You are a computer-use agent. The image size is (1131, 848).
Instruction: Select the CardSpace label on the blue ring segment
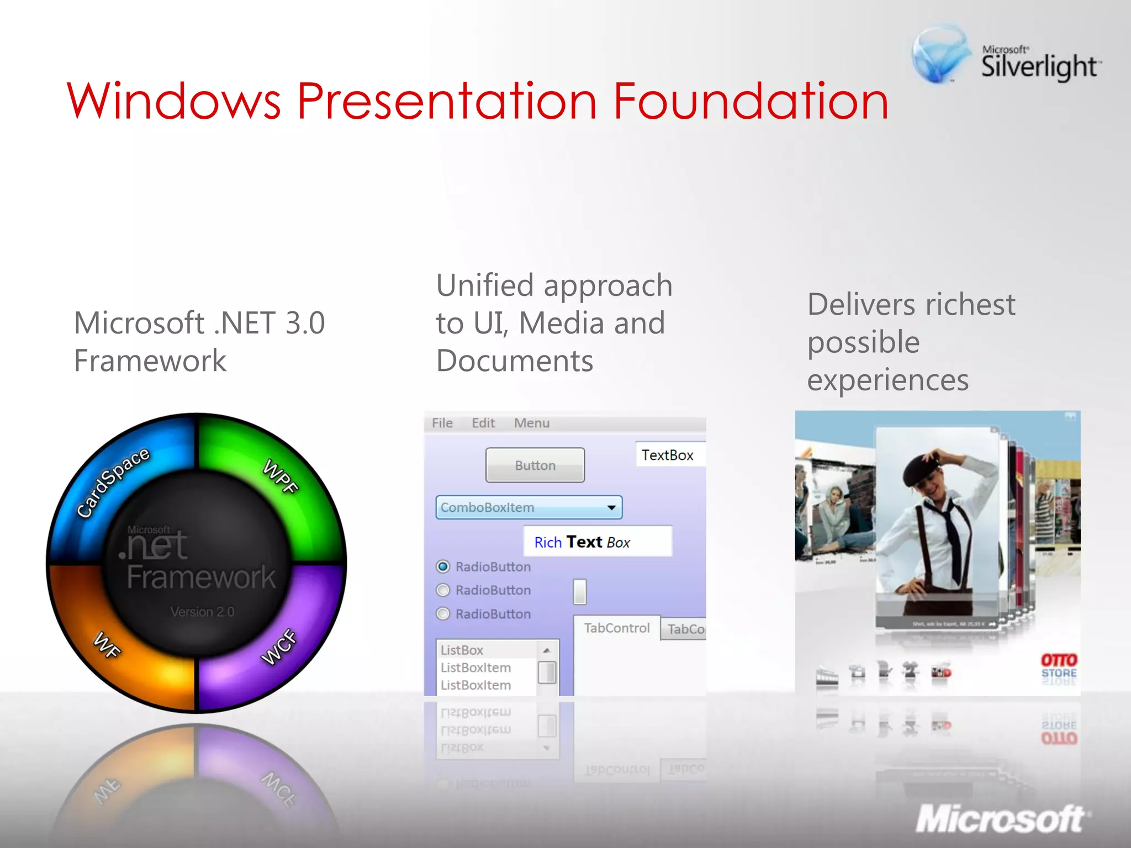pos(113,483)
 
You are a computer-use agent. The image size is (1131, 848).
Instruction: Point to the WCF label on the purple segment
pos(279,646)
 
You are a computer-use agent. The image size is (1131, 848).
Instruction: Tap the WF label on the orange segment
pos(107,644)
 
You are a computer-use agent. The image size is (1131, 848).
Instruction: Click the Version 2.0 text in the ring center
pos(202,612)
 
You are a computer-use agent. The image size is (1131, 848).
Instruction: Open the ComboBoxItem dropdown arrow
pos(611,507)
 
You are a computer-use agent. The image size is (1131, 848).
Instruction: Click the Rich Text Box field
pos(598,542)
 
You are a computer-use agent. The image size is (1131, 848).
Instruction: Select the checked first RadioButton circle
pos(443,566)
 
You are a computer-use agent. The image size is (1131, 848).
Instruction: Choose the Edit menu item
pos(483,423)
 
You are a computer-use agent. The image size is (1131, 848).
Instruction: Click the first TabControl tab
pos(616,628)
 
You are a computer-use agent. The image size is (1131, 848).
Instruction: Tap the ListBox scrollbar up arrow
pos(546,650)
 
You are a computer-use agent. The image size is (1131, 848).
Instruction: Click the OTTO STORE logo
pos(1059,666)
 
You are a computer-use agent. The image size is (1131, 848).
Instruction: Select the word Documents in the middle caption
pos(514,361)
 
